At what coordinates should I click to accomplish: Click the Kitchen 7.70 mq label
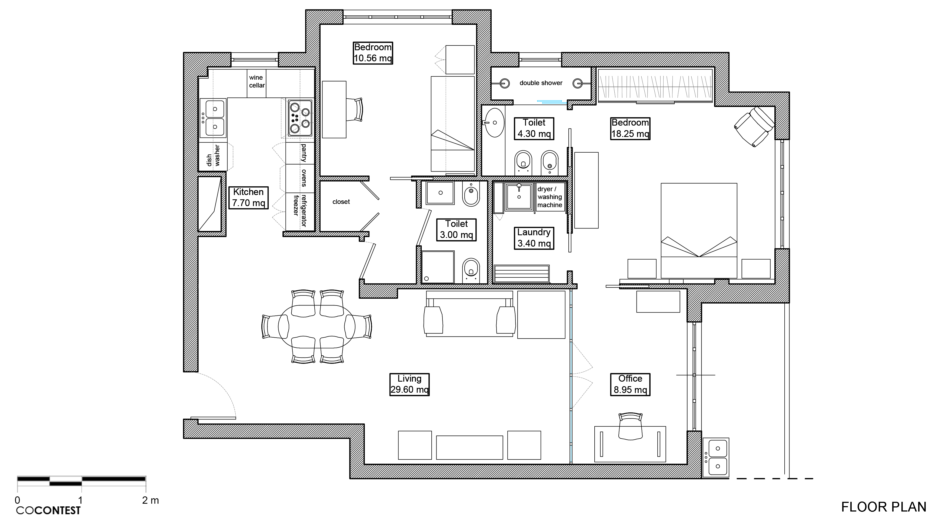(x=248, y=197)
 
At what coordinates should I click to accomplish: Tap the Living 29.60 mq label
(x=409, y=384)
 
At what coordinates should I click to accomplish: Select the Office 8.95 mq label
(x=630, y=384)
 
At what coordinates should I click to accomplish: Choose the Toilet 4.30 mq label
(x=534, y=128)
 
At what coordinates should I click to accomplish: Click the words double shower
(x=541, y=83)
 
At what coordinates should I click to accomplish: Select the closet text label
(x=341, y=202)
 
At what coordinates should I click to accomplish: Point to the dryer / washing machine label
(x=549, y=197)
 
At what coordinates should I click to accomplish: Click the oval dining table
(x=317, y=326)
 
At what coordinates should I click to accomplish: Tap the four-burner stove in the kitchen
(x=300, y=118)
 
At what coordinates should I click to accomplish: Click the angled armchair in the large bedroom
(x=754, y=126)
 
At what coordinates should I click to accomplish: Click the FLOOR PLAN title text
(x=883, y=507)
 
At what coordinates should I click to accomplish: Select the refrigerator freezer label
(x=300, y=210)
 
